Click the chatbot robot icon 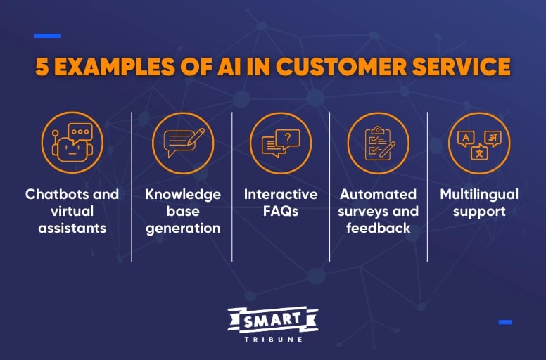point(72,143)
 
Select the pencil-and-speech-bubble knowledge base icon point(182,143)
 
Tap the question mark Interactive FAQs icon point(281,143)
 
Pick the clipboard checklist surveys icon point(378,143)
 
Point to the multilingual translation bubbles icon point(479,143)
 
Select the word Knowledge point(183,194)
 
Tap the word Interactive point(281,194)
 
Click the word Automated point(379,194)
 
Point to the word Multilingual point(479,194)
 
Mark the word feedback point(379,228)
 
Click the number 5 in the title point(42,67)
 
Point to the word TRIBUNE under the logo point(273,338)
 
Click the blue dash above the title point(47,36)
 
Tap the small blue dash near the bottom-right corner point(505,322)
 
